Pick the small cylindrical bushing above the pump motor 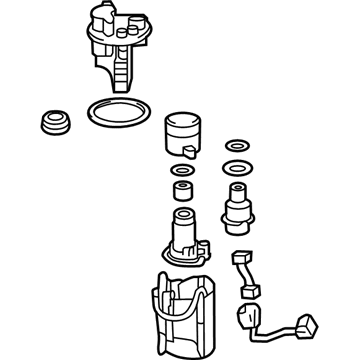coord(183,190)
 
